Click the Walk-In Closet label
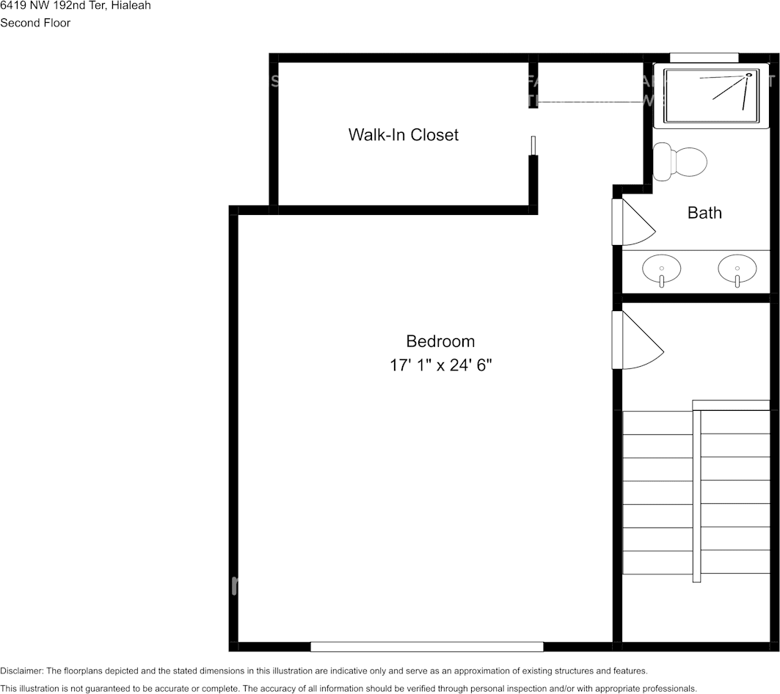click(403, 135)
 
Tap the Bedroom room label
click(440, 341)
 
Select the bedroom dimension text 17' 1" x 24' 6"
click(440, 365)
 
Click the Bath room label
click(704, 213)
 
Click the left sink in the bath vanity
click(661, 269)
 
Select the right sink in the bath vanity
click(737, 269)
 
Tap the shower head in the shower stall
click(749, 74)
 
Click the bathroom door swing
click(633, 222)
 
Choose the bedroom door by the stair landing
click(636, 340)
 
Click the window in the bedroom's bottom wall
click(426, 646)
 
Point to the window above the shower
click(704, 57)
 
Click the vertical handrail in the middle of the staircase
click(696, 496)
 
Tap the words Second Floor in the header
click(35, 23)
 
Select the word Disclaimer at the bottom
click(21, 671)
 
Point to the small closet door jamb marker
click(534, 145)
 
